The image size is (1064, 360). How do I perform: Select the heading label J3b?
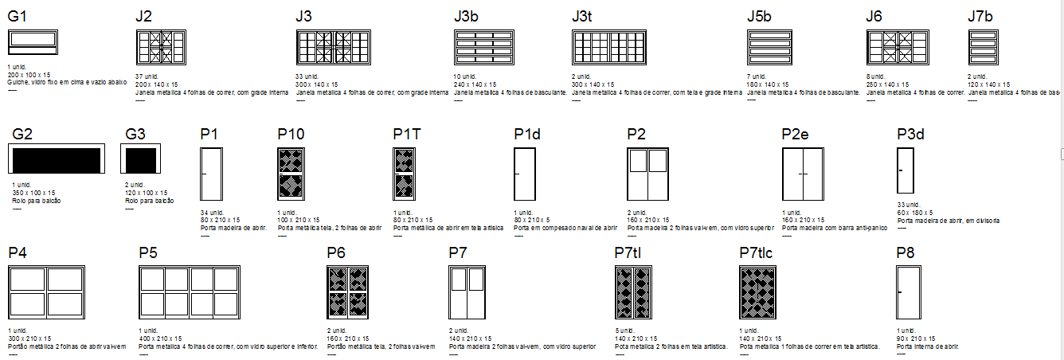(x=469, y=16)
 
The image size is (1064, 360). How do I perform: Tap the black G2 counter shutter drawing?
(x=57, y=160)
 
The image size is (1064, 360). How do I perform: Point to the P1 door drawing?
(x=211, y=174)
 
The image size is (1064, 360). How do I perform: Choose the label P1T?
(x=407, y=134)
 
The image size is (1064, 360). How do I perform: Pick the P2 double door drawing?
(x=648, y=174)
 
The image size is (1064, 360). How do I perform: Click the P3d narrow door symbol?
(x=906, y=170)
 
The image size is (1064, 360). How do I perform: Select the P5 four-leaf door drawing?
(x=189, y=293)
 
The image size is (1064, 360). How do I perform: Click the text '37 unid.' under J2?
(x=147, y=77)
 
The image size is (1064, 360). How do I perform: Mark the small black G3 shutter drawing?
(x=140, y=160)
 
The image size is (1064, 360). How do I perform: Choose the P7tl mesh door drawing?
(x=634, y=293)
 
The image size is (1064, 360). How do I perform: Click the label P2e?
(x=797, y=134)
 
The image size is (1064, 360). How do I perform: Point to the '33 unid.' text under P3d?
(x=909, y=205)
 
